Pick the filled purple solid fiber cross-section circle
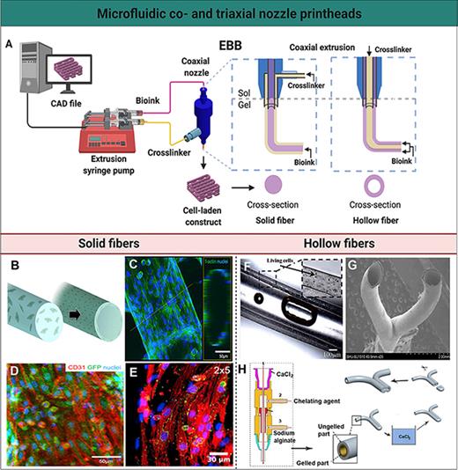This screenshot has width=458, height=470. tap(275, 181)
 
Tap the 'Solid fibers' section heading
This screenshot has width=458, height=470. tap(114, 242)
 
